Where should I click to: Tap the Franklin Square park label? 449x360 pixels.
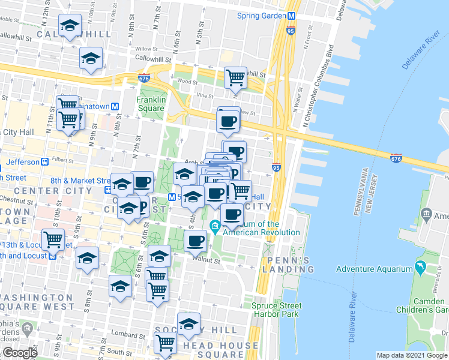[x=150, y=104]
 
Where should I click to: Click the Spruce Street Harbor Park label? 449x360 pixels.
[x=276, y=310]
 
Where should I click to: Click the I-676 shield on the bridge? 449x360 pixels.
[x=395, y=158]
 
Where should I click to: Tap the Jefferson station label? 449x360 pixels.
[x=22, y=162]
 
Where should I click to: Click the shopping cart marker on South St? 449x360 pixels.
[x=165, y=344]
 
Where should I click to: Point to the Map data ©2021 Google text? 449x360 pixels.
[x=411, y=355]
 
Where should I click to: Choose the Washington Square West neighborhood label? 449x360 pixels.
[x=36, y=302]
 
